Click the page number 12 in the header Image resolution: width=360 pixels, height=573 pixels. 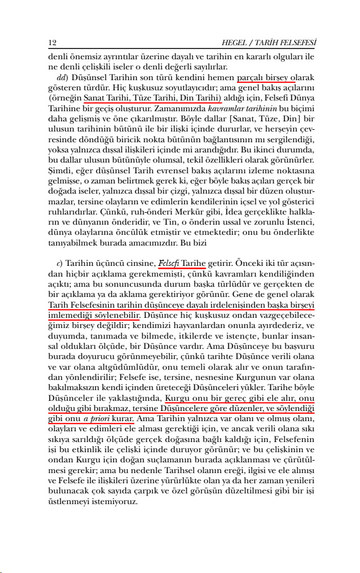tap(52, 42)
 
